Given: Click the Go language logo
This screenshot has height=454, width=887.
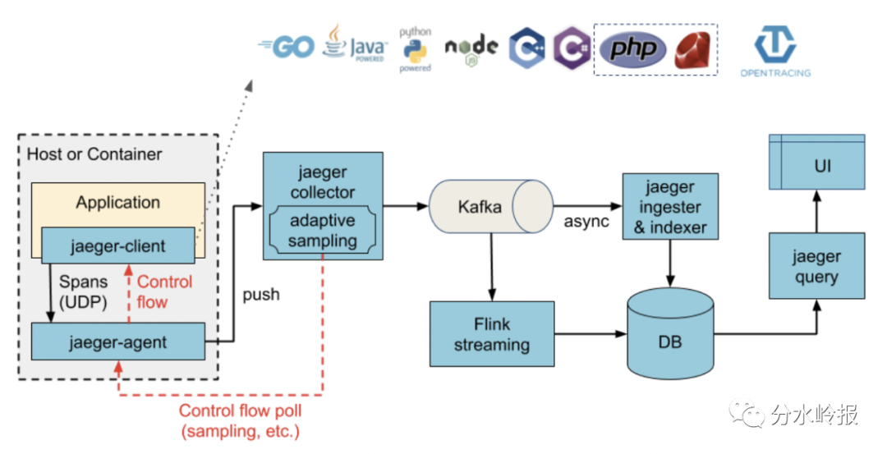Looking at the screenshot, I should tap(287, 47).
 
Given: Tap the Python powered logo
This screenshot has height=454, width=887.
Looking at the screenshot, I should tap(416, 50).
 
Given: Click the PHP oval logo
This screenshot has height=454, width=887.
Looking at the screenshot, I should tap(632, 49).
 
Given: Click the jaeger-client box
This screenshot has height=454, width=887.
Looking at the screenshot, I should tap(118, 245).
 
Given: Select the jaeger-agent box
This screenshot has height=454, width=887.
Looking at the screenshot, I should tap(118, 341).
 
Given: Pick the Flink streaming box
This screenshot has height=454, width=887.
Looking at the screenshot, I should tap(491, 333).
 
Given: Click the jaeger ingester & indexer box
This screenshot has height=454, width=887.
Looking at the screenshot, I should tap(670, 207).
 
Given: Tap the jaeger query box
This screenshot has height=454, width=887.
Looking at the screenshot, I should tap(816, 265).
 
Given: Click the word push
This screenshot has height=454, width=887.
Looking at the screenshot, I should tap(260, 294).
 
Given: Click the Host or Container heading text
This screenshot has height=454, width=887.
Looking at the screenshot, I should tap(94, 154).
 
